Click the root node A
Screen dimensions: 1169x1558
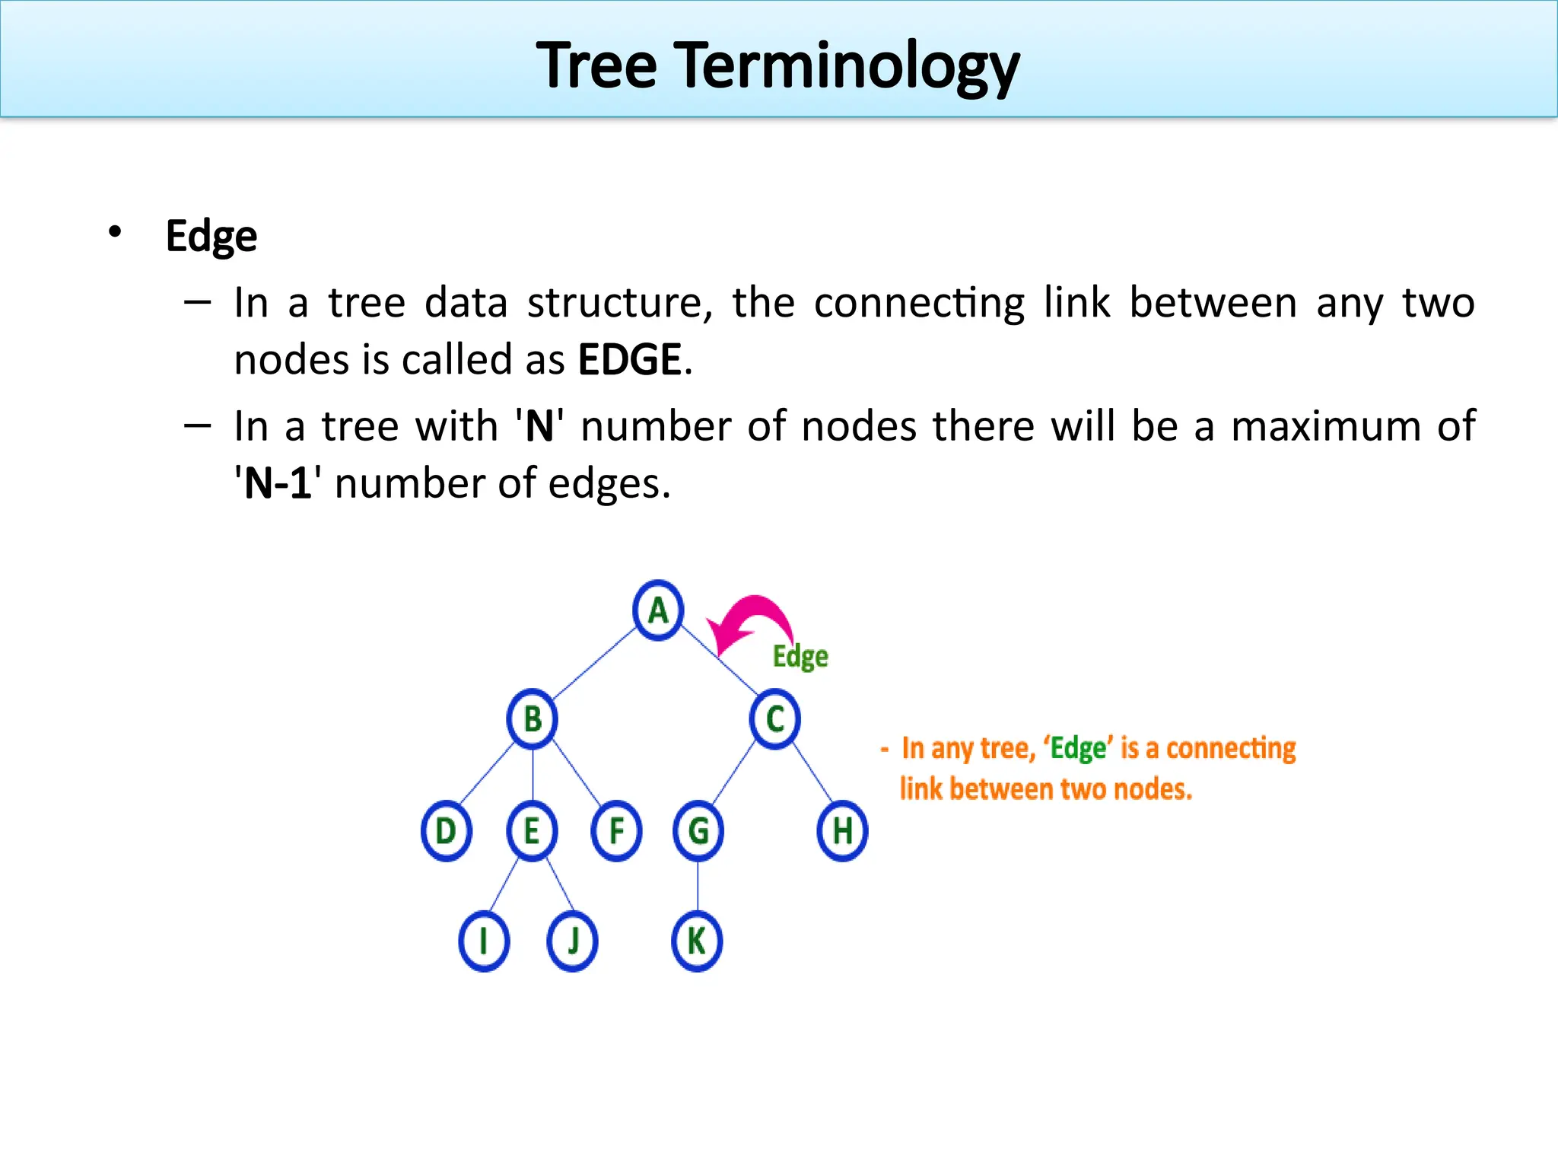click(658, 610)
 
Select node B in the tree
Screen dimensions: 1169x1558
click(533, 719)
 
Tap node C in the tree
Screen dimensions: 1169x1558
click(774, 719)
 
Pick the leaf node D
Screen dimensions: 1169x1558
click(446, 830)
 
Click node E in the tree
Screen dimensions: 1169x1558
click(532, 830)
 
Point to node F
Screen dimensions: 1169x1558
click(616, 830)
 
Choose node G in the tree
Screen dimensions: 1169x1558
click(698, 830)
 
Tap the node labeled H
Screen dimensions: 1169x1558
click(842, 830)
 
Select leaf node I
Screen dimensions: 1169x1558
click(484, 941)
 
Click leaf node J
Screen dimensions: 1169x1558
click(572, 941)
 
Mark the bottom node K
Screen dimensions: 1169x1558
click(697, 941)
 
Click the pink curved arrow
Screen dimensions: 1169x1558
click(753, 620)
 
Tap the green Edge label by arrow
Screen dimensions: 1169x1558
click(800, 657)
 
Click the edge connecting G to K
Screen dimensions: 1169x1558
click(698, 886)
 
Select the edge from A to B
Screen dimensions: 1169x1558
click(595, 664)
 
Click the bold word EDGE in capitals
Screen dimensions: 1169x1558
click(629, 360)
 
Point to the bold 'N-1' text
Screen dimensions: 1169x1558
click(278, 483)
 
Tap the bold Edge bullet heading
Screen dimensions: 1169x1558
click(211, 236)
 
